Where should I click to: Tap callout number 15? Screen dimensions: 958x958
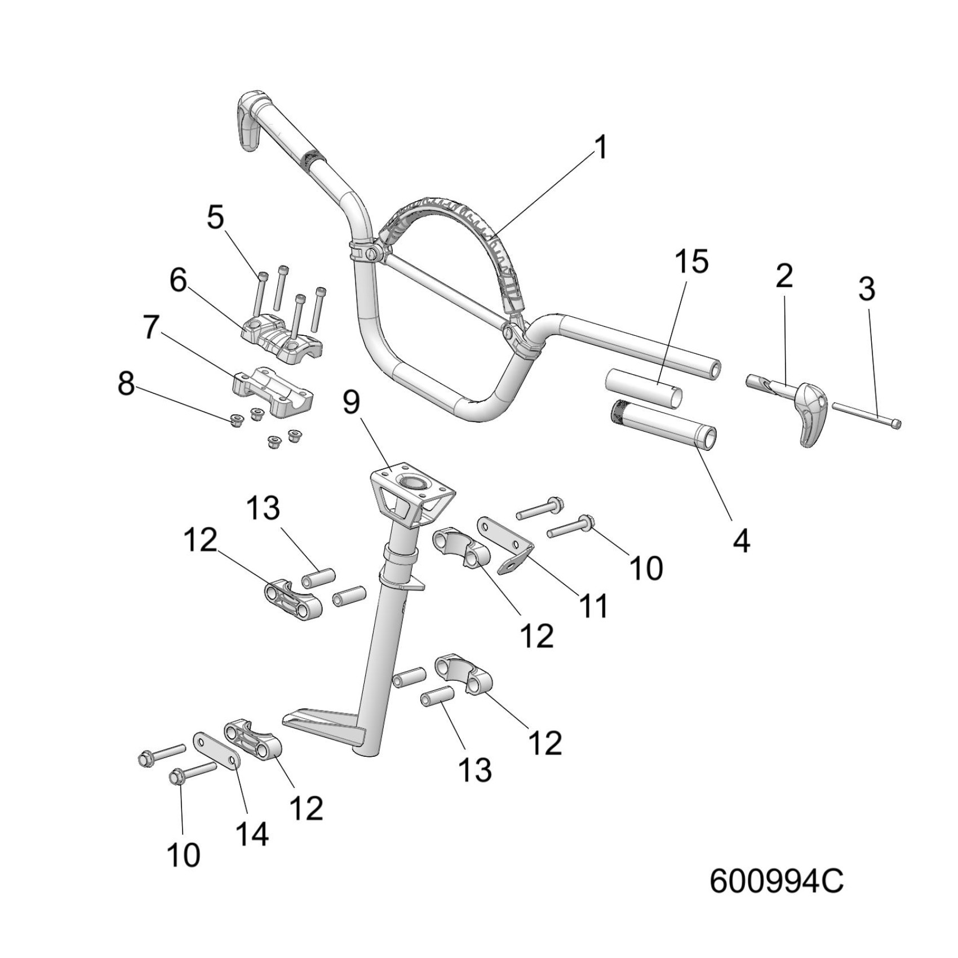click(693, 263)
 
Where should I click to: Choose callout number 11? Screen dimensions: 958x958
click(593, 606)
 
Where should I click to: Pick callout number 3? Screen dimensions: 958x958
click(866, 289)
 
